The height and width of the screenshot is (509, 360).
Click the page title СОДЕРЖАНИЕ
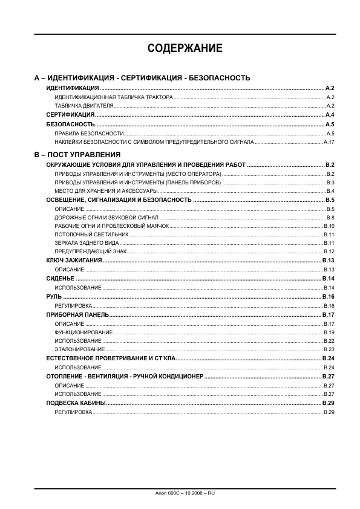pyautogui.click(x=185, y=49)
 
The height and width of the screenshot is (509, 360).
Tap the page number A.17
pyautogui.click(x=329, y=142)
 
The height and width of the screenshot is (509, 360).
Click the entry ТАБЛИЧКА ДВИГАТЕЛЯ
pyautogui.click(x=84, y=106)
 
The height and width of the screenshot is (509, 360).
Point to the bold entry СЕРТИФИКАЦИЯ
pyautogui.click(x=70, y=115)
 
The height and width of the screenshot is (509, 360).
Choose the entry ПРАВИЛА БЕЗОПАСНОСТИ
pyautogui.click(x=89, y=133)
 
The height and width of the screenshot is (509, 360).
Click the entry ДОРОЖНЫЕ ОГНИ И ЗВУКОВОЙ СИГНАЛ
pyautogui.click(x=106, y=217)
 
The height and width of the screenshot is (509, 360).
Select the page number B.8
pyautogui.click(x=330, y=217)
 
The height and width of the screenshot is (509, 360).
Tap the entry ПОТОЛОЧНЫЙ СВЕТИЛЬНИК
pyautogui.click(x=91, y=234)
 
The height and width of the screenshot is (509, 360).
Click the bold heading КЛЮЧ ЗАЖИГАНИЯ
pyautogui.click(x=74, y=260)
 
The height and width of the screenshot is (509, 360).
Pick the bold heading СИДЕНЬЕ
pyautogui.click(x=61, y=278)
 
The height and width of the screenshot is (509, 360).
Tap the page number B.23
pyautogui.click(x=329, y=349)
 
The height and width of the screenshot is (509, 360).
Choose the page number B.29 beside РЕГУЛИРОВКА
pyautogui.click(x=329, y=412)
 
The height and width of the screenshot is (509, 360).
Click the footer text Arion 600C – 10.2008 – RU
pyautogui.click(x=185, y=494)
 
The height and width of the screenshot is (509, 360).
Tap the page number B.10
pyautogui.click(x=329, y=225)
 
